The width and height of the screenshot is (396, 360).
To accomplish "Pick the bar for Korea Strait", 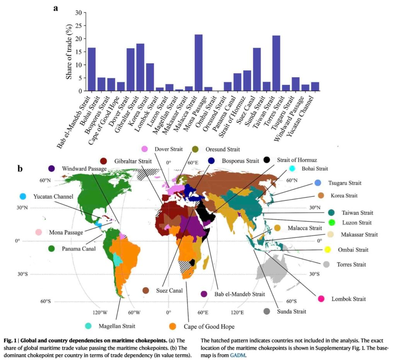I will (150, 77).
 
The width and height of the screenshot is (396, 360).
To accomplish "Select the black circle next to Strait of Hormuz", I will (266, 160).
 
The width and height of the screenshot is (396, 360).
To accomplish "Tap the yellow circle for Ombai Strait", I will (328, 250).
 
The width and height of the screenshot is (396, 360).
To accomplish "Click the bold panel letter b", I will (20, 169).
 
